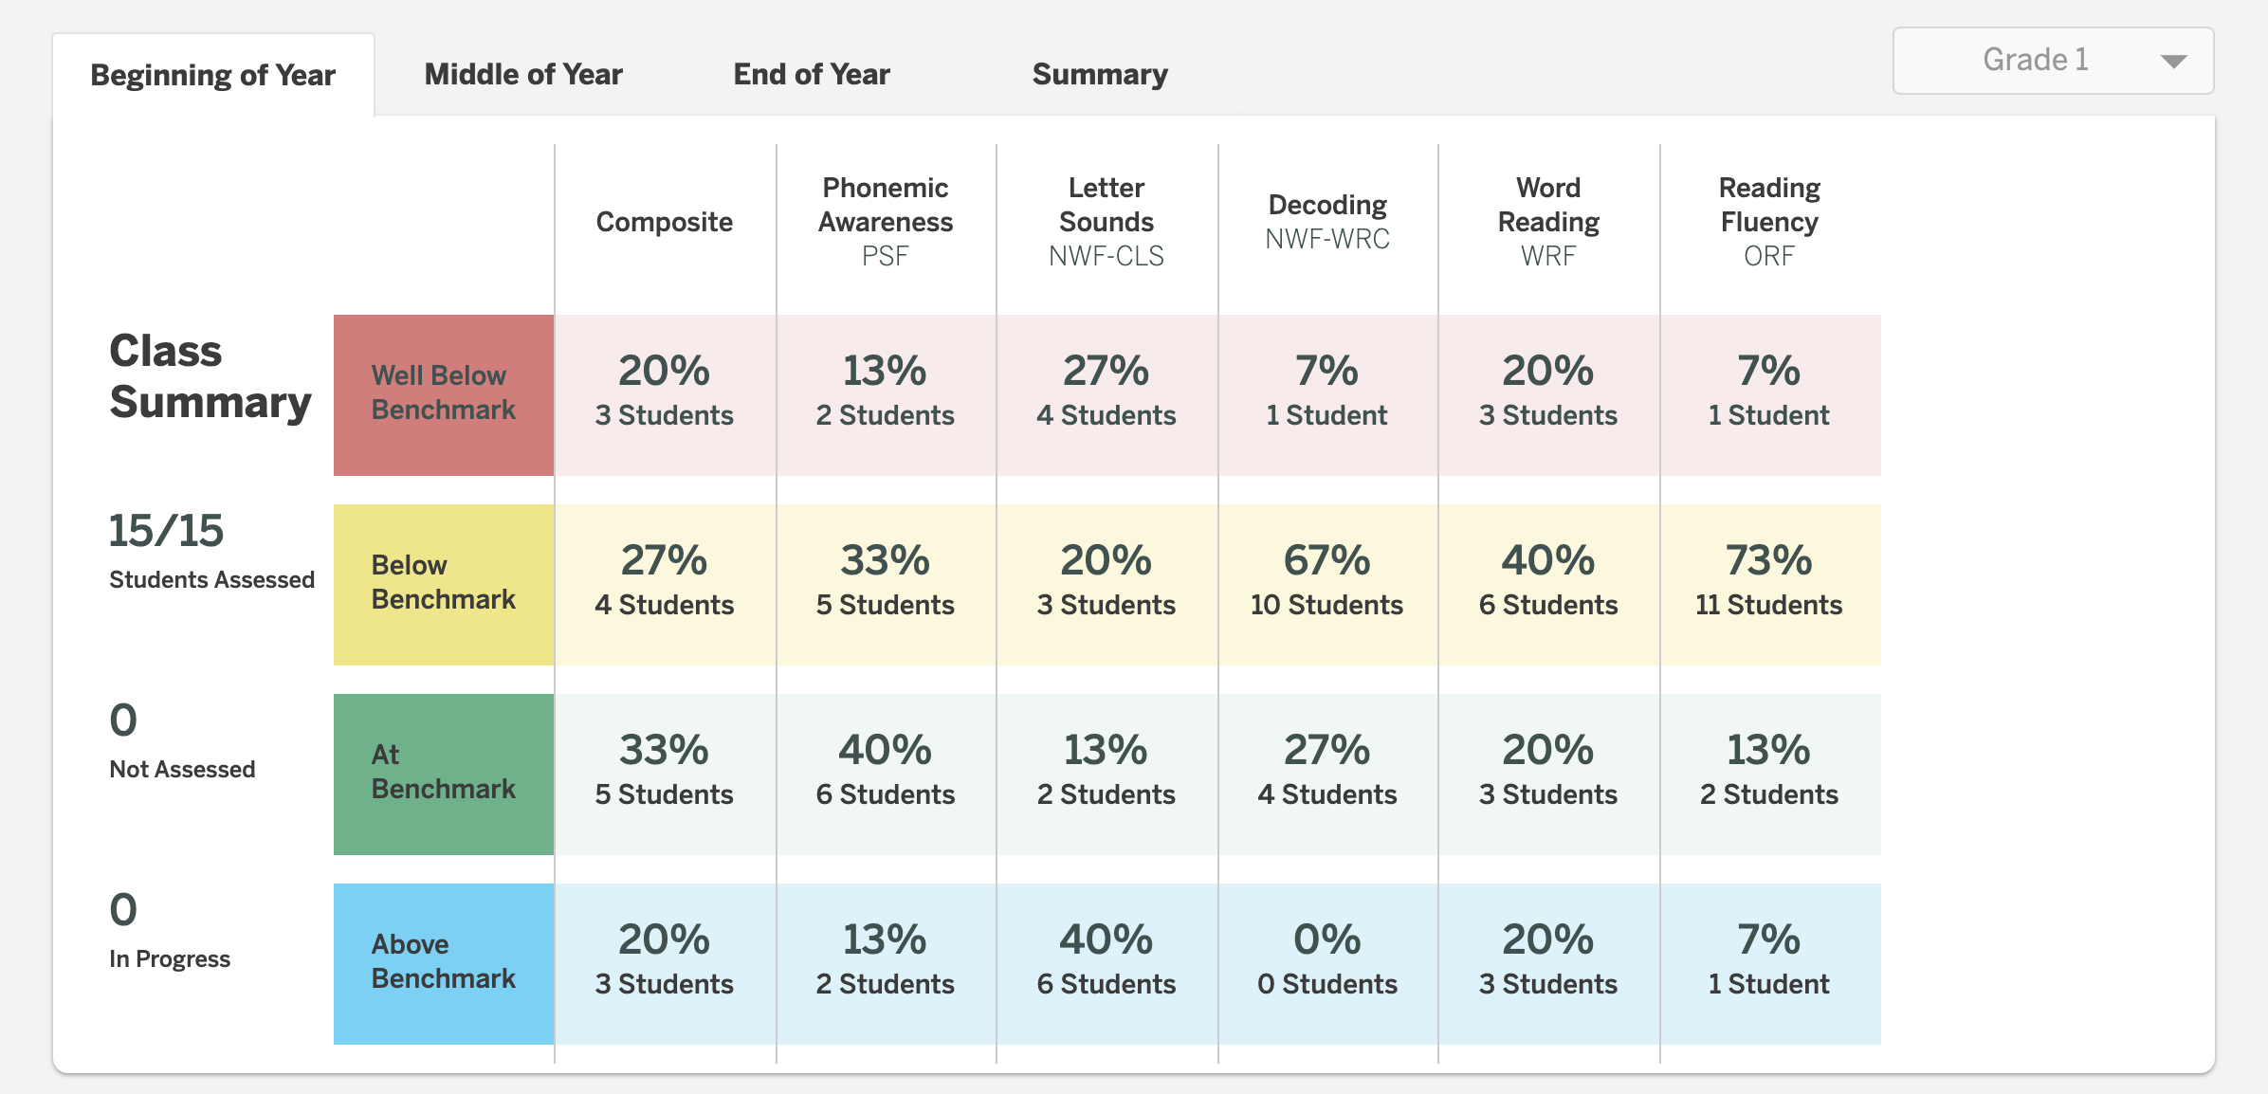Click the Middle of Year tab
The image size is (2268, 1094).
(523, 74)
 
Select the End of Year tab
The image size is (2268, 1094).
(812, 74)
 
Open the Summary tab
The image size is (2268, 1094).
(1100, 74)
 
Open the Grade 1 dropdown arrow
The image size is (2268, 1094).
(2173, 62)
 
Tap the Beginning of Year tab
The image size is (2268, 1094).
(213, 75)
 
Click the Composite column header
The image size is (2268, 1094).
(664, 222)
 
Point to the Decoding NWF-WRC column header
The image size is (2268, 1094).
(1327, 222)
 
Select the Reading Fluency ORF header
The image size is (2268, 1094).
(1769, 222)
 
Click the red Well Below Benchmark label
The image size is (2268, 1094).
(444, 394)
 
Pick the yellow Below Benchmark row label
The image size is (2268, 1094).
(444, 584)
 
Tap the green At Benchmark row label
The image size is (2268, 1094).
(444, 774)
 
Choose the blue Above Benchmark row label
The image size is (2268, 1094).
(444, 963)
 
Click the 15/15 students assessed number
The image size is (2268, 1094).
(167, 531)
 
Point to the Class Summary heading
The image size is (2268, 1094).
(210, 376)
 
